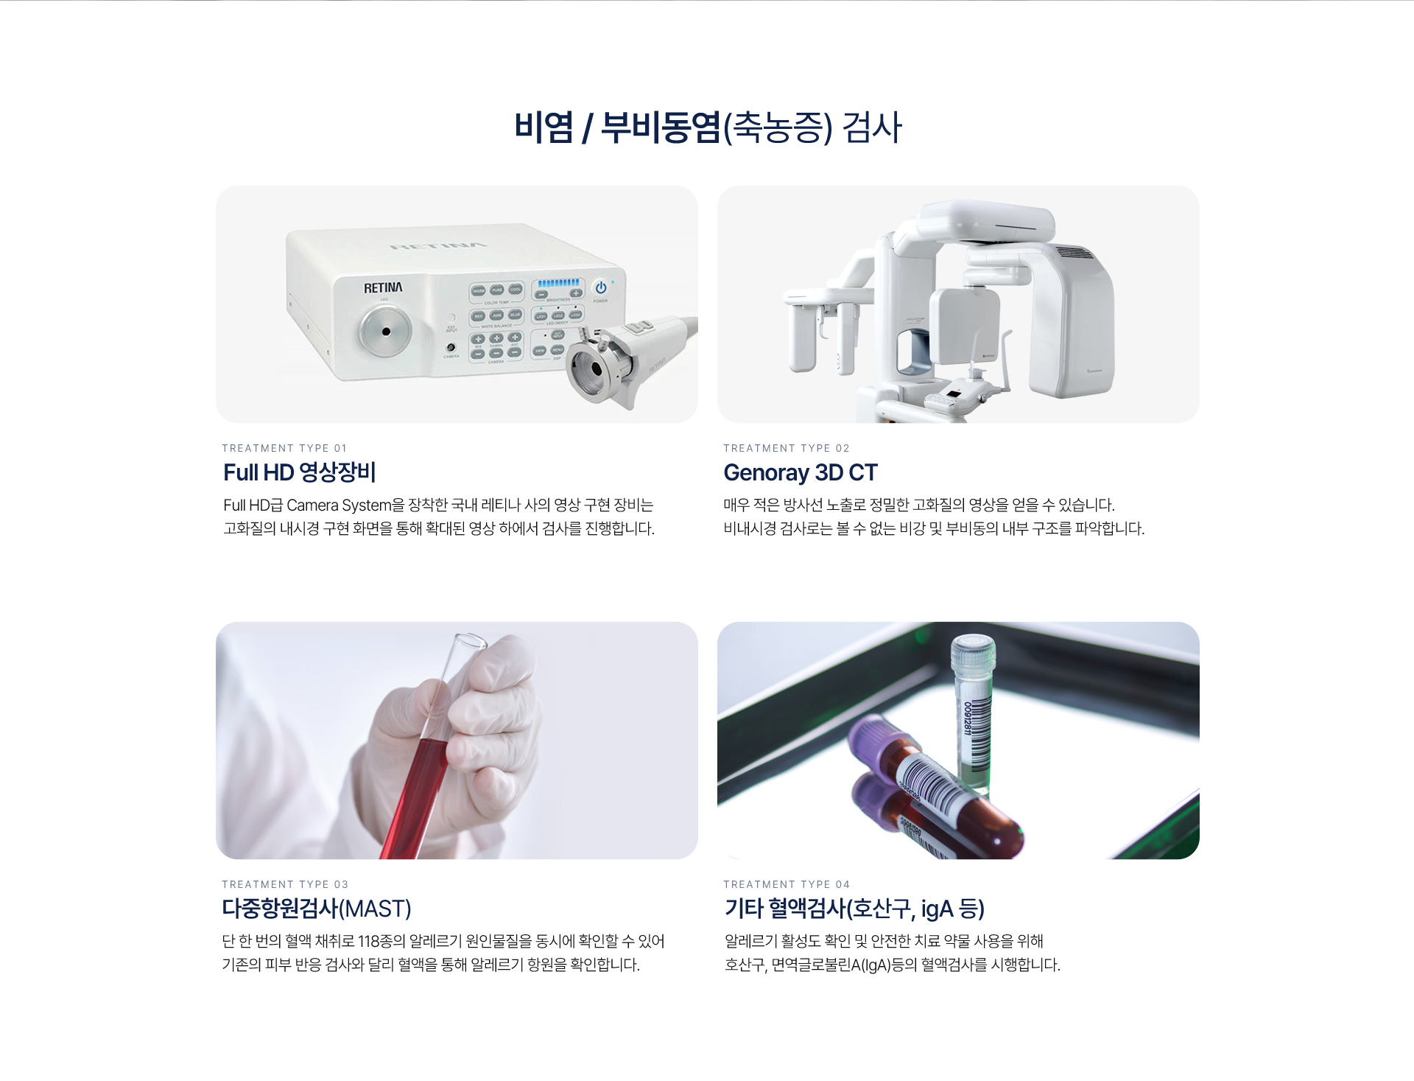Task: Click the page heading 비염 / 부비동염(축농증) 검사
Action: (708, 127)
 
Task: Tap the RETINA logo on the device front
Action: (383, 287)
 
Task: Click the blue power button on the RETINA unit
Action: (601, 287)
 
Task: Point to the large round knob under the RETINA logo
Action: (385, 331)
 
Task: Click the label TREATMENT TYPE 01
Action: (284, 448)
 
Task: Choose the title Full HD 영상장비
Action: (300, 472)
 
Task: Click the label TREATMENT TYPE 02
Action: (787, 448)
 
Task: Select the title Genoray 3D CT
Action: (801, 472)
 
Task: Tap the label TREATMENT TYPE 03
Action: (285, 884)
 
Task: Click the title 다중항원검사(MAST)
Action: (317, 909)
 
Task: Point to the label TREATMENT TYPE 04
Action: (787, 884)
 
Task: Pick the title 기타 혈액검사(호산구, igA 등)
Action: (854, 909)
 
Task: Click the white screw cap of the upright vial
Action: (973, 653)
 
